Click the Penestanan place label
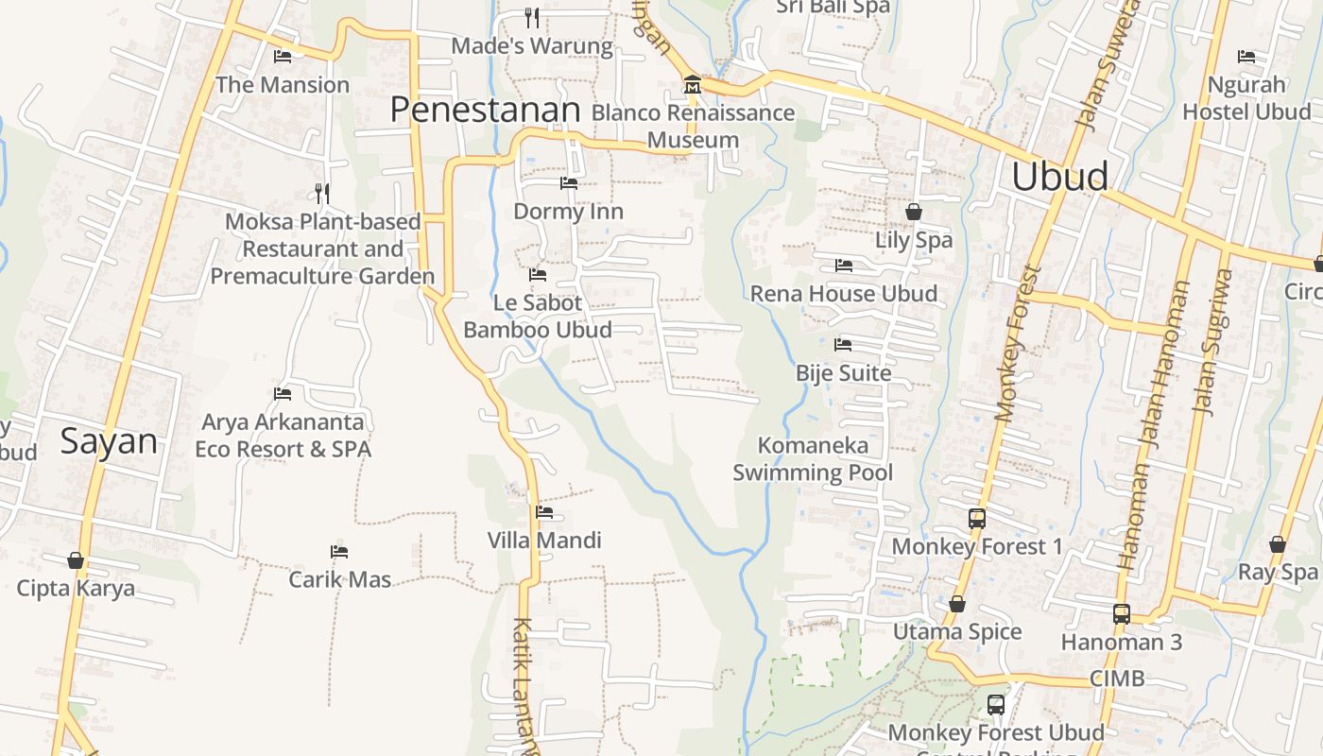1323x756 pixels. pos(485,111)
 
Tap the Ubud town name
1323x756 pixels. pos(1059,177)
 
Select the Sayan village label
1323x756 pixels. pos(109,441)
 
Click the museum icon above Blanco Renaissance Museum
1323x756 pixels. pos(693,86)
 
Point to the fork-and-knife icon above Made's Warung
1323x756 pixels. pos(532,17)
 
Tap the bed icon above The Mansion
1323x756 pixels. pos(283,57)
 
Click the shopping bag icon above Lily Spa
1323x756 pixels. pos(913,212)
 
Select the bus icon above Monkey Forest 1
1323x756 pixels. pos(977,519)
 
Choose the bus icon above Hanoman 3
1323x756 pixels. pos(1122,614)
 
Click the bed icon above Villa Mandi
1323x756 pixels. pos(544,513)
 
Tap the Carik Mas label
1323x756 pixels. pos(339,579)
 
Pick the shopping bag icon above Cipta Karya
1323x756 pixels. pos(76,561)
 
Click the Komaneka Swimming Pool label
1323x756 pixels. pos(813,458)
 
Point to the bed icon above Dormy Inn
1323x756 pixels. pos(568,183)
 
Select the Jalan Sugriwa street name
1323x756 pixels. pos(1213,342)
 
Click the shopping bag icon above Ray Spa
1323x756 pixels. pos(1278,545)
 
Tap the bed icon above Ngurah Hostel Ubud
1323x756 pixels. pos(1246,57)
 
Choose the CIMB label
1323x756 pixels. pos(1116,678)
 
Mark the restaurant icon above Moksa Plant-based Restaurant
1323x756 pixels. pos(322,194)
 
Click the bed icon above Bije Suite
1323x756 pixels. pos(843,345)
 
